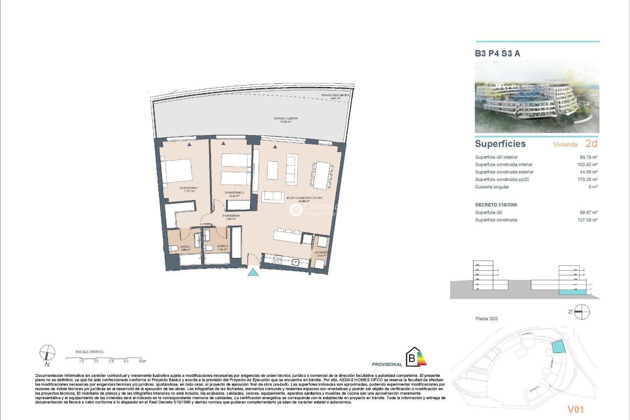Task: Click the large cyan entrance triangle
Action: coord(253,272)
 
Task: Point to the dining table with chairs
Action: coord(322,175)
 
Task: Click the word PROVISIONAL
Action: coord(387,364)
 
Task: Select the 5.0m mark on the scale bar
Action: coord(142,361)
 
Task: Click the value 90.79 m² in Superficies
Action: coord(588,157)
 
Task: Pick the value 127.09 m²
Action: coord(587,220)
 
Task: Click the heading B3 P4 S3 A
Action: coord(497,53)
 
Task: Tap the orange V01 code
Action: coord(576,409)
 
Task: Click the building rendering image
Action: coord(537,97)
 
